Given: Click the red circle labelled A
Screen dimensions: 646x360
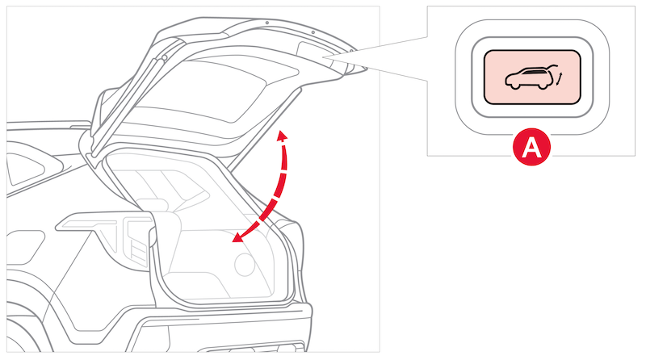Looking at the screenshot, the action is tap(531, 147).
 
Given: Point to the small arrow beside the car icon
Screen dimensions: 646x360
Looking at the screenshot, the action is tap(559, 77).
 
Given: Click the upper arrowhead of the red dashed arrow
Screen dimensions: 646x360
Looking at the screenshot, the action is tap(282, 136).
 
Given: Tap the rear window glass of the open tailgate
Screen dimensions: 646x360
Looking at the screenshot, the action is tap(214, 89).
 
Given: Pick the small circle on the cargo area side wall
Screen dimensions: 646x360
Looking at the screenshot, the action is tap(245, 264).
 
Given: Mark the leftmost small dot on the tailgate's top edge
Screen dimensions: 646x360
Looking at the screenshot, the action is tap(267, 23).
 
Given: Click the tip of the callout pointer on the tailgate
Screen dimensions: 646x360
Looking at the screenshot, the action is tap(324, 57).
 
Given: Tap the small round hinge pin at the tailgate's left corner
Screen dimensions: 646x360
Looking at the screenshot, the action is tap(165, 57).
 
